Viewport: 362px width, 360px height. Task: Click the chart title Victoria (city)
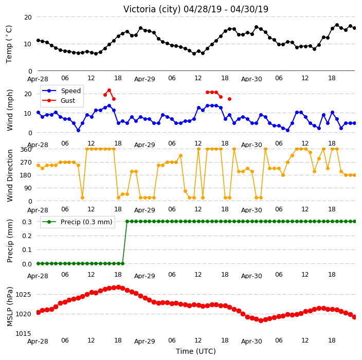coord(152,9)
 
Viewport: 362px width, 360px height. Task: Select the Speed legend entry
coord(61,91)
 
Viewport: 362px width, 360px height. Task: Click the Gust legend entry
coord(59,100)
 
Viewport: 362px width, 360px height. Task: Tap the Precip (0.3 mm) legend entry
coord(77,222)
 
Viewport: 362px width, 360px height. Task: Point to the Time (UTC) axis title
coord(196,351)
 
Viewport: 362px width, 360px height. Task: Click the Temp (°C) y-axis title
coord(9,44)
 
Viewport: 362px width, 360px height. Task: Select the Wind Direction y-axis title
coord(10,175)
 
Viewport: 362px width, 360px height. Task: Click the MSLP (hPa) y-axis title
coord(10,307)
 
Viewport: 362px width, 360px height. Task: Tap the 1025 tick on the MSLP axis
coord(23,294)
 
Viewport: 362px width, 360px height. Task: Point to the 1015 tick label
coord(23,334)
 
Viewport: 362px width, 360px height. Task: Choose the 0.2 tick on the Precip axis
coord(27,236)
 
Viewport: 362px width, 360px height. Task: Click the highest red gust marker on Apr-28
coord(110,91)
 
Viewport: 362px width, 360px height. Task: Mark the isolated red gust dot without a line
coord(229,99)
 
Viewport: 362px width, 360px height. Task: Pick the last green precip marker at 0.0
coord(122,263)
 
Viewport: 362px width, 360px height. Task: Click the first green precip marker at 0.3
coord(127,222)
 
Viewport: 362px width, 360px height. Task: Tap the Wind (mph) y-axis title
coord(10,110)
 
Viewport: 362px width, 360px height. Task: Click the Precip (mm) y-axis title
coord(10,241)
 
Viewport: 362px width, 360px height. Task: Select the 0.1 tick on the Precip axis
coord(27,250)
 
